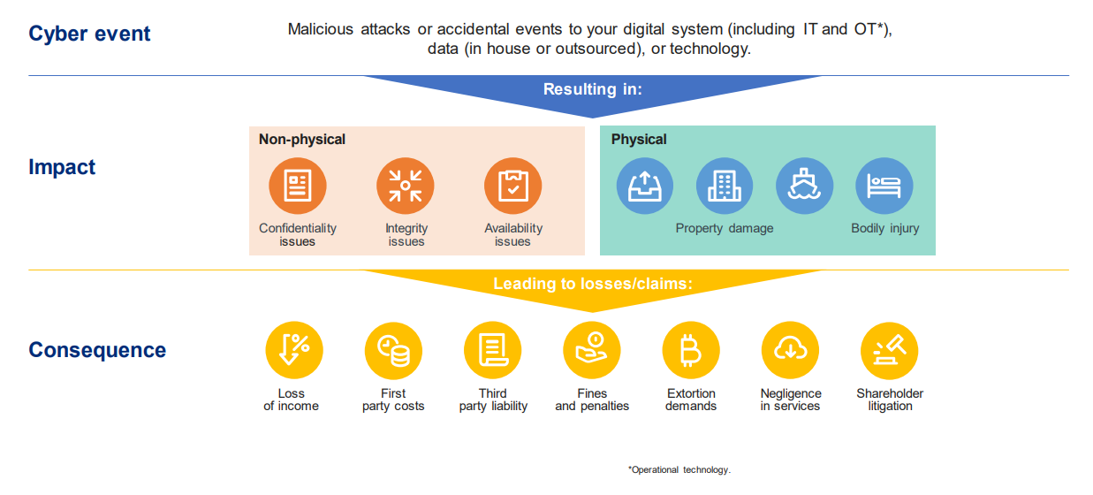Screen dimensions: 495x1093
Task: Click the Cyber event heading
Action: point(89,34)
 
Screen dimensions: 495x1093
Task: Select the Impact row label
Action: point(62,167)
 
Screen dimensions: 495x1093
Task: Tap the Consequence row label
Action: point(97,350)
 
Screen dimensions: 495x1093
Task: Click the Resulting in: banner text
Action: point(592,89)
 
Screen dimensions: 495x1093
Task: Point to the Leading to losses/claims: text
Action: point(593,284)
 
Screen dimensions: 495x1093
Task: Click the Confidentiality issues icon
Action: point(298,187)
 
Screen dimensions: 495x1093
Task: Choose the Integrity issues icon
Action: point(406,187)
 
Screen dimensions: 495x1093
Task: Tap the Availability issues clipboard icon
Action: point(512,187)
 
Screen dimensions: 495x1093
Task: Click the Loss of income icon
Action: point(294,350)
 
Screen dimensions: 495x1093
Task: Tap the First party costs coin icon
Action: point(393,350)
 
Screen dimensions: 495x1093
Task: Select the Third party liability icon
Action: point(493,350)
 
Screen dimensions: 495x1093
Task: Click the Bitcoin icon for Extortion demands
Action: point(691,350)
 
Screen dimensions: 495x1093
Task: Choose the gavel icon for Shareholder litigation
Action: point(890,350)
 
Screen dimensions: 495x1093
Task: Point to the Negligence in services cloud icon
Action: point(790,350)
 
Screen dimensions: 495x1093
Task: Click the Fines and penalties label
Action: point(592,400)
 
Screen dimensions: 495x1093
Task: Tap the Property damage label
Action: point(725,228)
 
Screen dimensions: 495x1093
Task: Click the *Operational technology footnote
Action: point(679,470)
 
